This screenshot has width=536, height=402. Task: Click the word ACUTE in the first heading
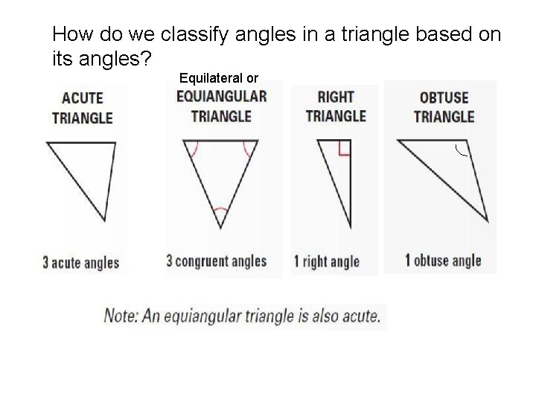83,98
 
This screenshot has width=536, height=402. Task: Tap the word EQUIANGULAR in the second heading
221,96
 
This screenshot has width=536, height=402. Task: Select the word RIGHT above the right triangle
336,97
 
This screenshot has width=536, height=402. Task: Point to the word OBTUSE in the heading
444,98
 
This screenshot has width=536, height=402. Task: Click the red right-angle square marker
344,148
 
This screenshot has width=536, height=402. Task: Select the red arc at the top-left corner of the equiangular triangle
194,150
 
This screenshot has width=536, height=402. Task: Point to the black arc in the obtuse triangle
461,153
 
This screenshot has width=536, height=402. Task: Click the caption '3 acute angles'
81,262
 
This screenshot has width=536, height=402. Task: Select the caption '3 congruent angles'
216,261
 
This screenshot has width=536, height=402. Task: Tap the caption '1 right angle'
327,261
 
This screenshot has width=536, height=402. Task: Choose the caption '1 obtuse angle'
443,261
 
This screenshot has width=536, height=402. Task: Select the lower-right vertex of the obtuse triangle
488,220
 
